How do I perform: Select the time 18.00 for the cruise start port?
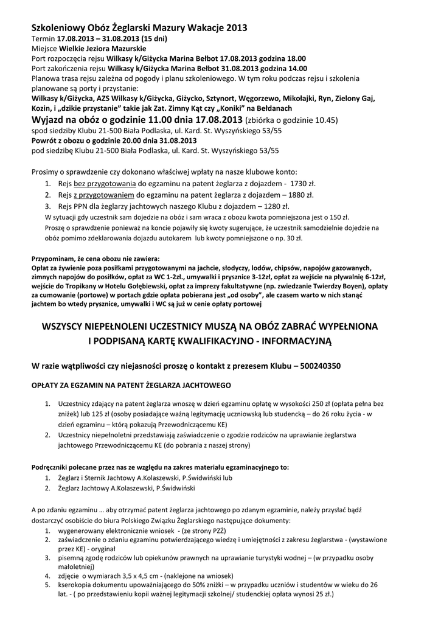[293, 58]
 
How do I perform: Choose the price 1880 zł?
[302, 195]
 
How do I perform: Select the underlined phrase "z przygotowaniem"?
[104, 195]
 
